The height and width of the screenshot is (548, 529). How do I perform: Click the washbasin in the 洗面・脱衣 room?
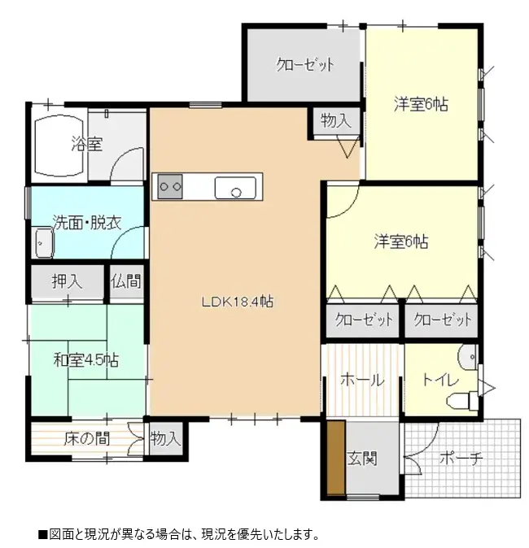click(43, 241)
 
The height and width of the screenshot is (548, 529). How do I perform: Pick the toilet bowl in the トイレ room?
click(461, 398)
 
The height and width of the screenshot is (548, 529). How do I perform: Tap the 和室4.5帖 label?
click(86, 359)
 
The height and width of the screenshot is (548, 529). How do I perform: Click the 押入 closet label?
click(68, 282)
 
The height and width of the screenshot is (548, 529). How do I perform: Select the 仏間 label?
click(126, 282)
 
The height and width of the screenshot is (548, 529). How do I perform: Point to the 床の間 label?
click(87, 439)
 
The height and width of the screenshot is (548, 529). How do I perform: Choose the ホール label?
click(361, 380)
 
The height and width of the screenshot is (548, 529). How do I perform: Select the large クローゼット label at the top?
click(305, 65)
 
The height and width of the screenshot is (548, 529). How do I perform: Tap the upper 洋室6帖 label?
click(421, 104)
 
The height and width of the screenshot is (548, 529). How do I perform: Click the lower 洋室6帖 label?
click(401, 241)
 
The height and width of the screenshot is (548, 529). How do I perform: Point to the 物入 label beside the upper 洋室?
click(335, 121)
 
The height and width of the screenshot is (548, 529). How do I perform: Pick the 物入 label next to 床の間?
click(165, 439)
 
